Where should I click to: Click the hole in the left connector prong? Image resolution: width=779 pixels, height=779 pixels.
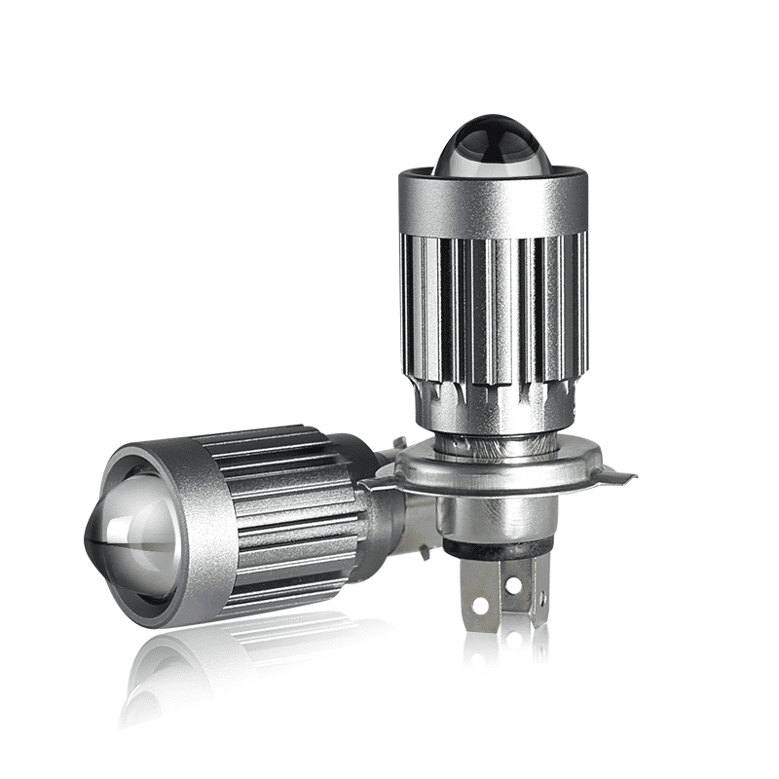pos(478,605)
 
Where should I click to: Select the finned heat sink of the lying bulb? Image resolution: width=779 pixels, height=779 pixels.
pos(292,506)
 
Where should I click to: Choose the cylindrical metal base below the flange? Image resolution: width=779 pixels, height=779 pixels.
pos(497,516)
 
